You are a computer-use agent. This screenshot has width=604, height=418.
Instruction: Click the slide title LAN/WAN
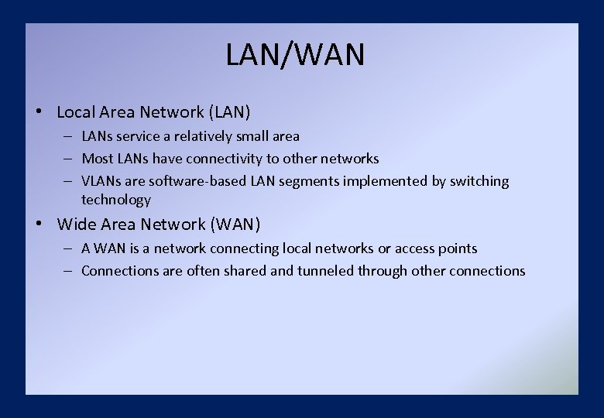point(295,55)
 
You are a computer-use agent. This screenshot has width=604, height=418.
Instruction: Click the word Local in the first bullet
point(76,112)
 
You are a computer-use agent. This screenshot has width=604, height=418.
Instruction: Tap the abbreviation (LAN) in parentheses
point(229,112)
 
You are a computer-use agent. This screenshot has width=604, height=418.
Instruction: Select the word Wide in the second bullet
point(75,224)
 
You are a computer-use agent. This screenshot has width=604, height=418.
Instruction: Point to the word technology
point(115,200)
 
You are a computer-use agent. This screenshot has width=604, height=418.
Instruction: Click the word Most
point(97,159)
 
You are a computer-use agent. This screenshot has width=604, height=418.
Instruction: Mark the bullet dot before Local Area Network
point(38,111)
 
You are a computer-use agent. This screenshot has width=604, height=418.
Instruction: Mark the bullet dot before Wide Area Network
point(38,224)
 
